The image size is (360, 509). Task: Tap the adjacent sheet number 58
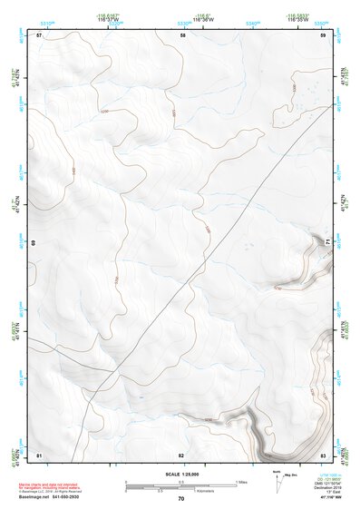pos(182,35)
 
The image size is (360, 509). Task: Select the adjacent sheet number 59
pos(323,35)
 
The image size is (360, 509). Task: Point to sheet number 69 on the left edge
pos(34,243)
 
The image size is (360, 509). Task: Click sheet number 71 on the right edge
pos(329,240)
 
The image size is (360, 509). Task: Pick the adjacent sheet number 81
pos(39,454)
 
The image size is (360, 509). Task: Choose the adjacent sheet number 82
pos(181,454)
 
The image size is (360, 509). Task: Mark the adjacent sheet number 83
pos(324,454)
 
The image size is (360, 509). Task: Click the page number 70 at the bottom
pos(181,499)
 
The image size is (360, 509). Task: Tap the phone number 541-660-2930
pos(79,497)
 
